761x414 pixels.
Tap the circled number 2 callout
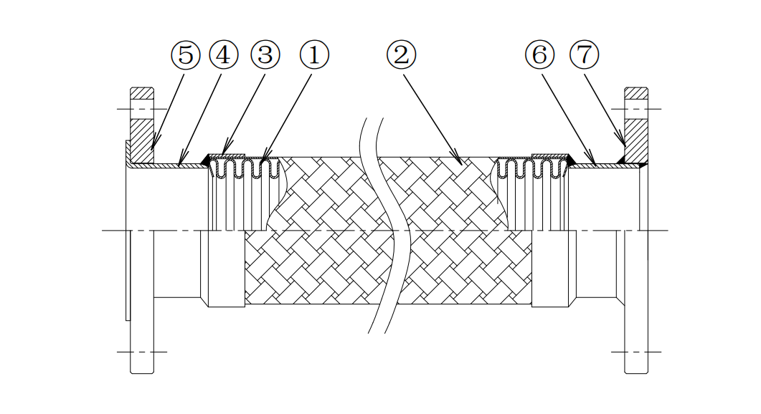(x=401, y=55)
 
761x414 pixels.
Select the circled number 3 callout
(x=265, y=55)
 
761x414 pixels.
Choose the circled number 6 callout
(x=539, y=55)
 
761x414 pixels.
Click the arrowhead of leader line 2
(x=458, y=160)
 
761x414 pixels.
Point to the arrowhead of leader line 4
(x=180, y=163)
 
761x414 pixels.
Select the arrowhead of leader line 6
(x=593, y=163)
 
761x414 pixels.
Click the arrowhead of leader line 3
(x=223, y=154)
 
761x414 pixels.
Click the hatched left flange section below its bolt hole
(x=141, y=140)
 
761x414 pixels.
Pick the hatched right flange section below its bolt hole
(x=636, y=140)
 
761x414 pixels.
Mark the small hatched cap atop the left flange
(x=141, y=93)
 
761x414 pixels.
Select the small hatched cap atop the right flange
(x=636, y=93)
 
